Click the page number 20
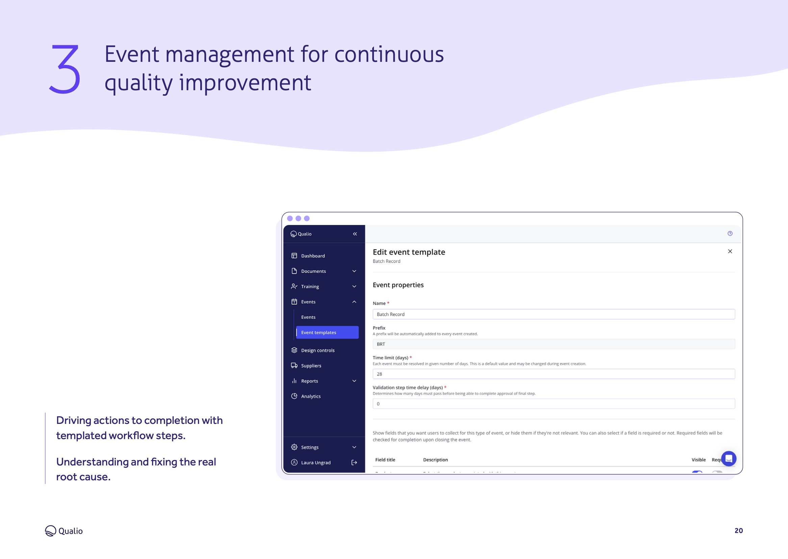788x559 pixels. tap(738, 530)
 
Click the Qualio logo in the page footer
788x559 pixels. tap(64, 530)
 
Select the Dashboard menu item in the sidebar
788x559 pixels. tap(312, 256)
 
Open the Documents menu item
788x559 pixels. tap(313, 271)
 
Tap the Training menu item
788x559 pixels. tap(310, 286)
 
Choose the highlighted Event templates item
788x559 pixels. tap(327, 332)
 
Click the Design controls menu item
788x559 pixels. tap(317, 350)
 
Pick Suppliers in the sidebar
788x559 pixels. tap(311, 365)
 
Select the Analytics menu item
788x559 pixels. tap(310, 396)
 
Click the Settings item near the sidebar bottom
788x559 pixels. tap(310, 447)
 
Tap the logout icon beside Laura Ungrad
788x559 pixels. tap(354, 463)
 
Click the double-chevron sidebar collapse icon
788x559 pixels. tap(355, 234)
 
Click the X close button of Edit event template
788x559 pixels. tap(730, 251)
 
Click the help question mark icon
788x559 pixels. tap(730, 233)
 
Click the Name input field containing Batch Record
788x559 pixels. tap(553, 314)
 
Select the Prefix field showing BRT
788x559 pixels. tap(553, 344)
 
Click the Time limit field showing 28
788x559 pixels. tap(553, 374)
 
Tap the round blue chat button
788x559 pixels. tap(729, 458)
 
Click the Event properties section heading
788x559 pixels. tap(398, 285)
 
